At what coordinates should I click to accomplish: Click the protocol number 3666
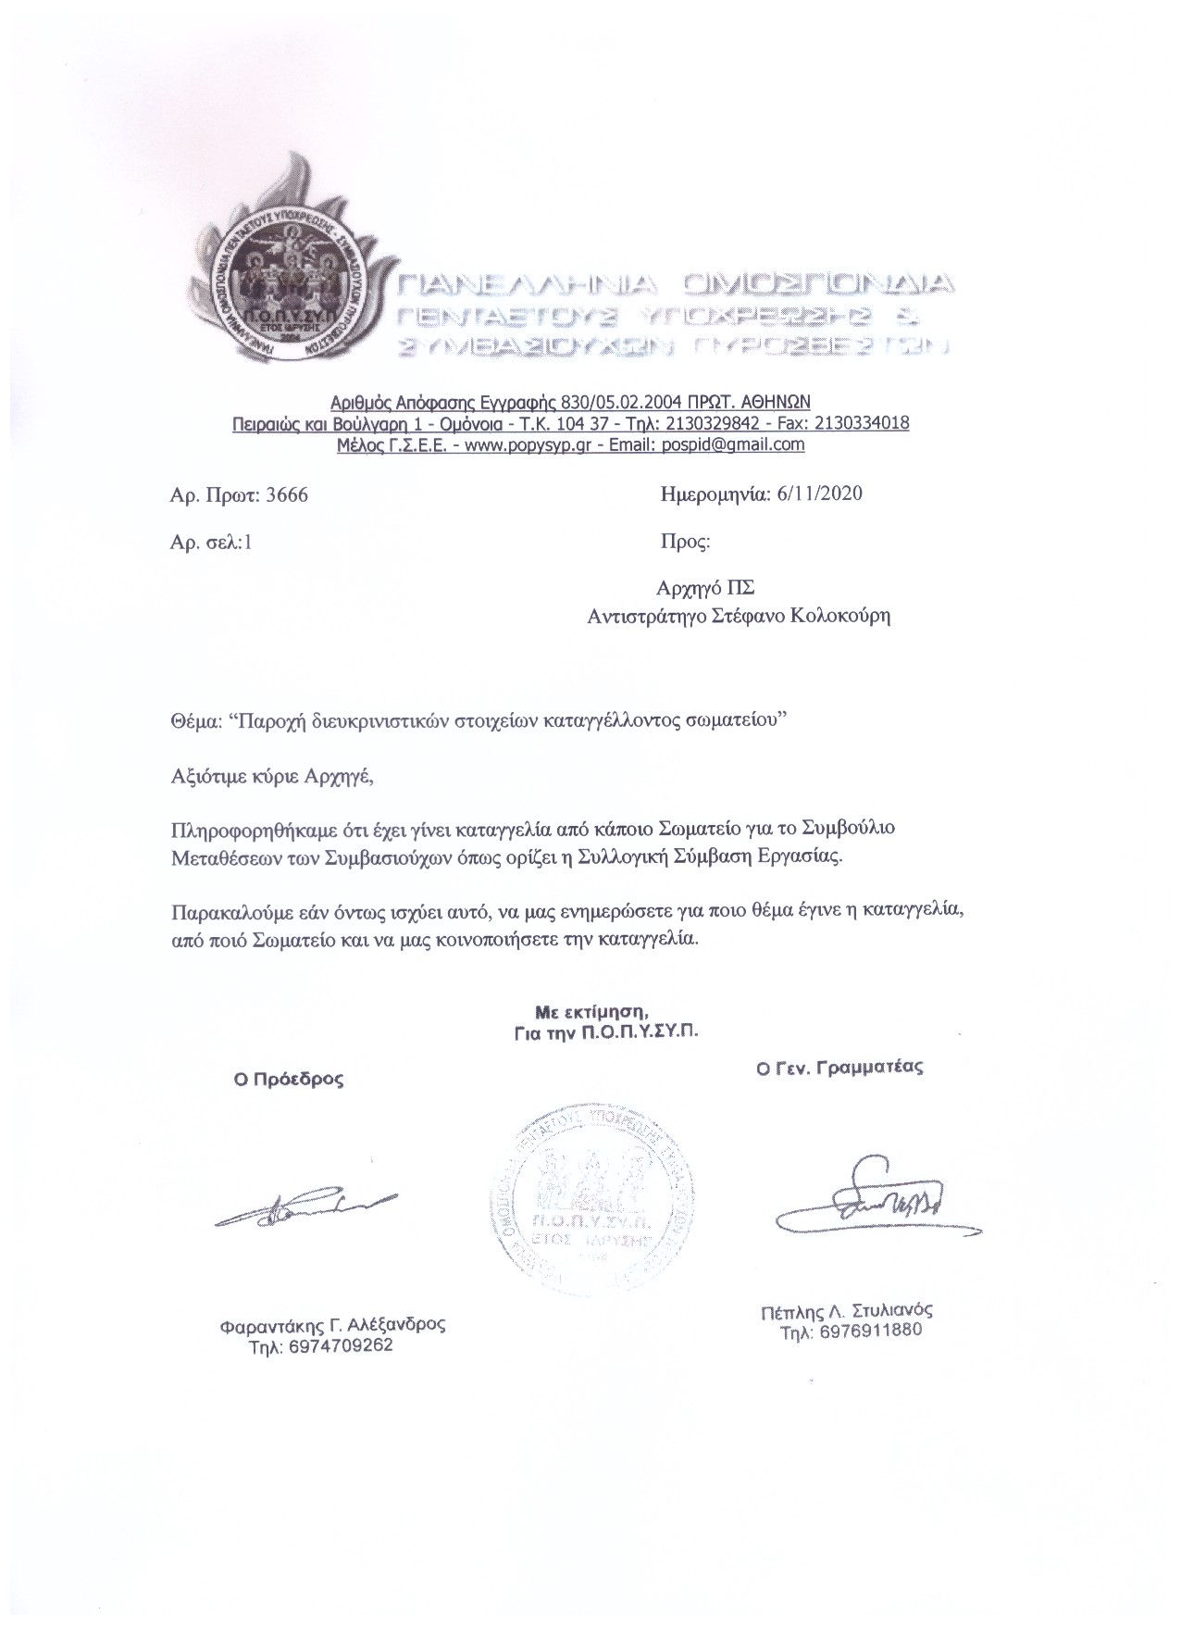coord(286,495)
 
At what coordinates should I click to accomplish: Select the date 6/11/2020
coord(816,494)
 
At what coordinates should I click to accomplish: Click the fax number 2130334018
coord(857,423)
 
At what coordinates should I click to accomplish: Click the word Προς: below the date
coord(685,542)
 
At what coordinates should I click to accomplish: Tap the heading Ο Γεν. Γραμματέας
coord(839,1067)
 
